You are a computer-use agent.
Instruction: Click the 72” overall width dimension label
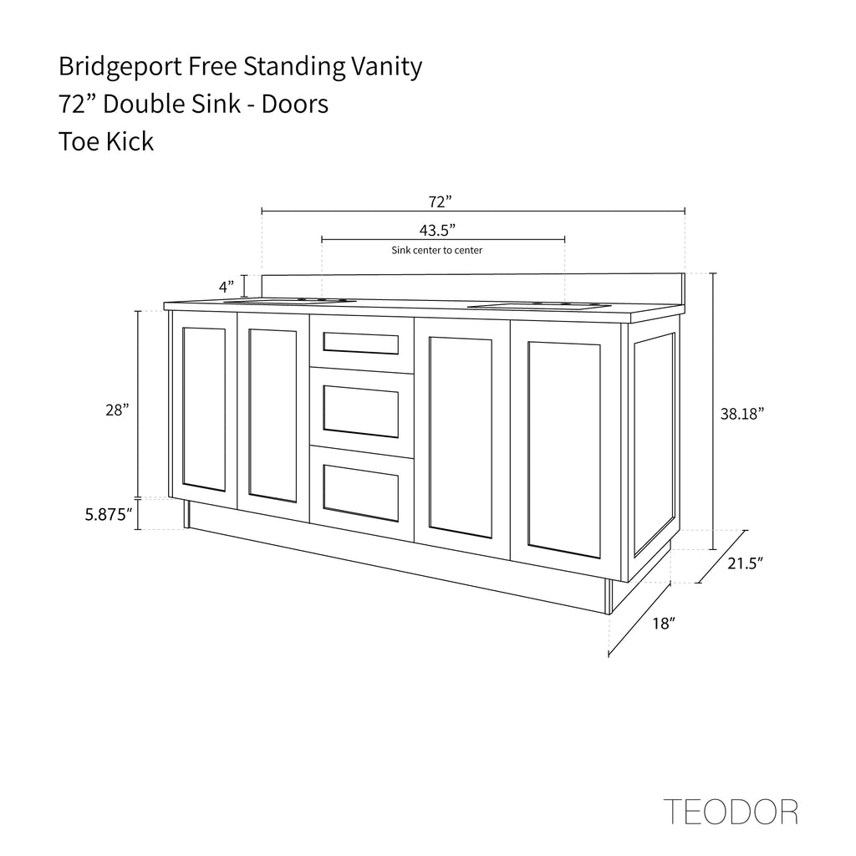(440, 202)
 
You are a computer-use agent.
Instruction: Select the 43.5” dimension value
(437, 231)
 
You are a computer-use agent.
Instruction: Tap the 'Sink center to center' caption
(436, 251)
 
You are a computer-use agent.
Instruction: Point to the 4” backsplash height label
(227, 287)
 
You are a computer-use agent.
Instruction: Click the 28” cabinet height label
(117, 410)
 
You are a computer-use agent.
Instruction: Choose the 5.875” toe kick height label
(109, 514)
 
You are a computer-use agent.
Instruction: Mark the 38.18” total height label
(742, 414)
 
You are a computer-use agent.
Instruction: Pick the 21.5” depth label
(745, 563)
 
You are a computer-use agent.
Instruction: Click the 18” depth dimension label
(664, 624)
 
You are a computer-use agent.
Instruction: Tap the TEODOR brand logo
(731, 812)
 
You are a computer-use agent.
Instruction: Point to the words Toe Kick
(106, 141)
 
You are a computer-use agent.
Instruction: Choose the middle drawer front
(361, 411)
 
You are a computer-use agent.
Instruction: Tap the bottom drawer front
(361, 493)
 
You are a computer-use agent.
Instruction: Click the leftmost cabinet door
(204, 410)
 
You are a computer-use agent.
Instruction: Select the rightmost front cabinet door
(565, 450)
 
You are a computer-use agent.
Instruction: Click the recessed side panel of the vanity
(654, 444)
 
